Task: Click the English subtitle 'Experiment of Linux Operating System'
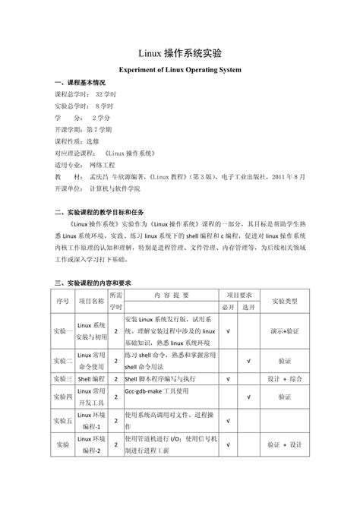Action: pos(180,69)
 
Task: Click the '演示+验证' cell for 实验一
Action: pos(284,331)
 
